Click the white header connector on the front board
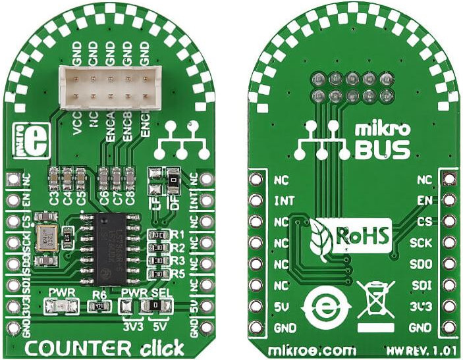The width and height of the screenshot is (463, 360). (x=111, y=86)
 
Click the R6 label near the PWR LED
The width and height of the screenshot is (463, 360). (x=99, y=294)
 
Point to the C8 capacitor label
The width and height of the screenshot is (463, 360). (x=130, y=195)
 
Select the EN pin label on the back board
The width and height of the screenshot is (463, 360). (x=425, y=199)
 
